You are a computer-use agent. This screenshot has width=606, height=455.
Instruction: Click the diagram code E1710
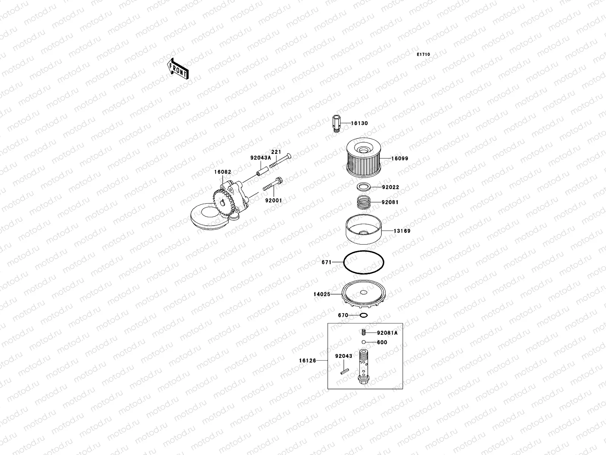(423, 55)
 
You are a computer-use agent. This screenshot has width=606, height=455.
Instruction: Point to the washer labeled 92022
(363, 187)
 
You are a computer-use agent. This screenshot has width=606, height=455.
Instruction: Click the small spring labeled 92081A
(363, 333)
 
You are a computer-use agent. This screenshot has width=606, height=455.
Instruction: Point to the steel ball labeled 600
(363, 342)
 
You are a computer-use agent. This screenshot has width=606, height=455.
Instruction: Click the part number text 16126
(307, 361)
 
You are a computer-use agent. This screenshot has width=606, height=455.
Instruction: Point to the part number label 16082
(222, 172)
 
